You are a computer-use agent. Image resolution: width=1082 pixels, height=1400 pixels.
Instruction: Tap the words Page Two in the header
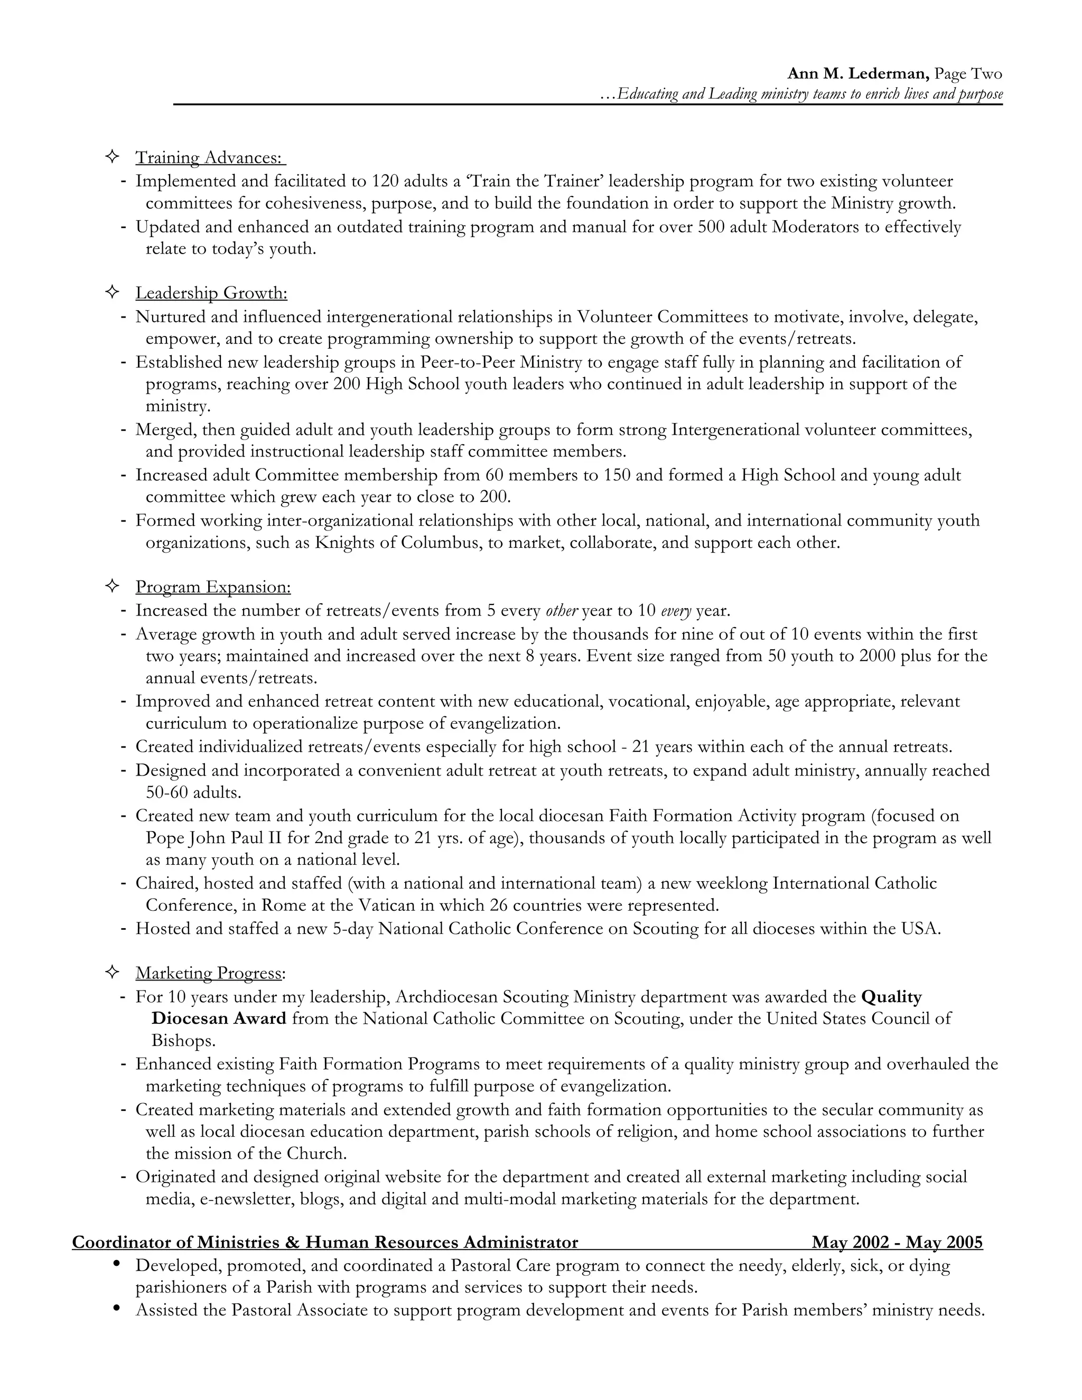(x=968, y=74)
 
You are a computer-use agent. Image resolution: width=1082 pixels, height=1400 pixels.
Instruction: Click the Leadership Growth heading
(x=211, y=293)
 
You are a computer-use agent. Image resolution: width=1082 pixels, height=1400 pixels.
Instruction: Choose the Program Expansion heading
(x=213, y=587)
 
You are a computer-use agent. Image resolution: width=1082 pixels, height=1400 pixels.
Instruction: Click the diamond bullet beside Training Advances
(x=111, y=156)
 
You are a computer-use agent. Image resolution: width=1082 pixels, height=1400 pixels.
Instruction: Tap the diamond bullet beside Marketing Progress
(x=111, y=972)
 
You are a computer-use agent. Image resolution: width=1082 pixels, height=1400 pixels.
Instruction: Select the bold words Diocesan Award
(x=219, y=1019)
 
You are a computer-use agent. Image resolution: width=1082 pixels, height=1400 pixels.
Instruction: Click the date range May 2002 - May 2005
(x=897, y=1243)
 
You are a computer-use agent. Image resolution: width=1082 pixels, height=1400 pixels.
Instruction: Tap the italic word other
(x=562, y=611)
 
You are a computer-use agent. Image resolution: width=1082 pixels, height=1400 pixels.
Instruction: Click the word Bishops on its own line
(x=183, y=1040)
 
